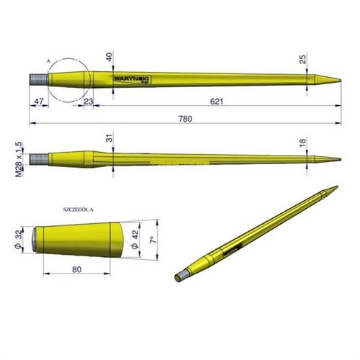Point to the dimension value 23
88,102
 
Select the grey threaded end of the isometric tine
184,274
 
